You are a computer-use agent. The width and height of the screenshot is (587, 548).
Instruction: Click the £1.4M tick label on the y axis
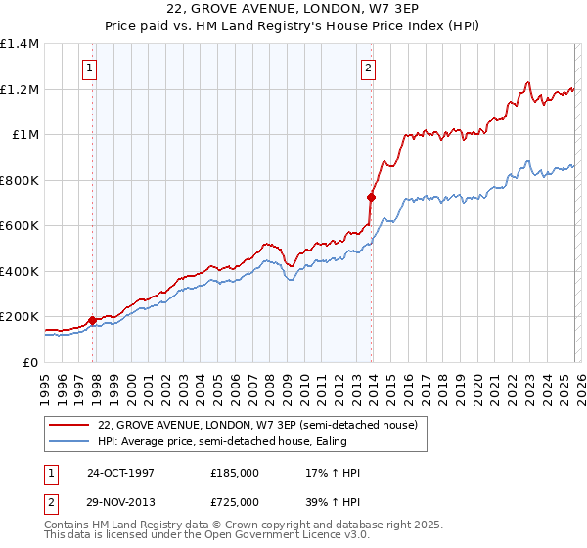coord(20,44)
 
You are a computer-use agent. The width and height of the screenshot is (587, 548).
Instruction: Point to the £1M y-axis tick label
coord(24,135)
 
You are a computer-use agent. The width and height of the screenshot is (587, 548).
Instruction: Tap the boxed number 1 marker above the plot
coord(90,68)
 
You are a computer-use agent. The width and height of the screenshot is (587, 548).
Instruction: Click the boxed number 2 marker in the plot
coord(368,68)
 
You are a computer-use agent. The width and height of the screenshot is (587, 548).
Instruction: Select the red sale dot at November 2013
coord(371,196)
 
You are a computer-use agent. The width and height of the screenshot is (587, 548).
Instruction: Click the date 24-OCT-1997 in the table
coord(122,473)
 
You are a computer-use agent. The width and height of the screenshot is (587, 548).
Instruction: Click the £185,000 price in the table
coord(235,473)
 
